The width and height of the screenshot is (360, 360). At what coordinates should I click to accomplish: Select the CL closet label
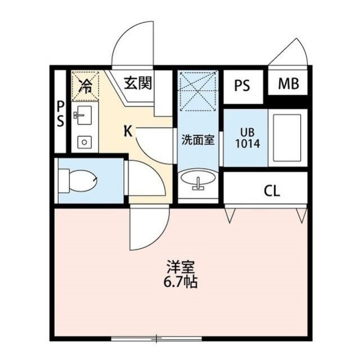pos(272,191)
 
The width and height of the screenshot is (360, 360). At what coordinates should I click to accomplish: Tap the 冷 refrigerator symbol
pos(85,86)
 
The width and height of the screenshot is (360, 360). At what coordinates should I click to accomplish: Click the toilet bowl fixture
pos(81,181)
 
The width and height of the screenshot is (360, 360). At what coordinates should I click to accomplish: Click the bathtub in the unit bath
pos(287,138)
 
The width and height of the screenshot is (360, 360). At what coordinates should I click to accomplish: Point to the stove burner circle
pos(84,141)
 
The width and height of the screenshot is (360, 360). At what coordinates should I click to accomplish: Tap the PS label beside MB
pos(242,86)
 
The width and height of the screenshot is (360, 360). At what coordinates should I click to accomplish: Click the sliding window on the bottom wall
pos(156,338)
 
